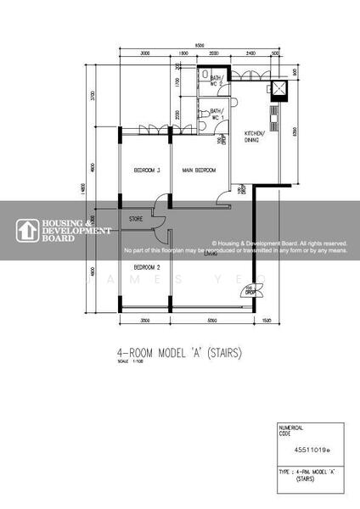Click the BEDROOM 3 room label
147,171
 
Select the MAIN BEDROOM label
199,171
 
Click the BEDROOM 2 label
147,266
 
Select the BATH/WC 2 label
215,81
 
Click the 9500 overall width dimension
199,45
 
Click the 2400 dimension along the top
250,53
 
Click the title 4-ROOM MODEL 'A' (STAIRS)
178,352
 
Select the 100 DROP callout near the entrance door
250,293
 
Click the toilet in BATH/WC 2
206,74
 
